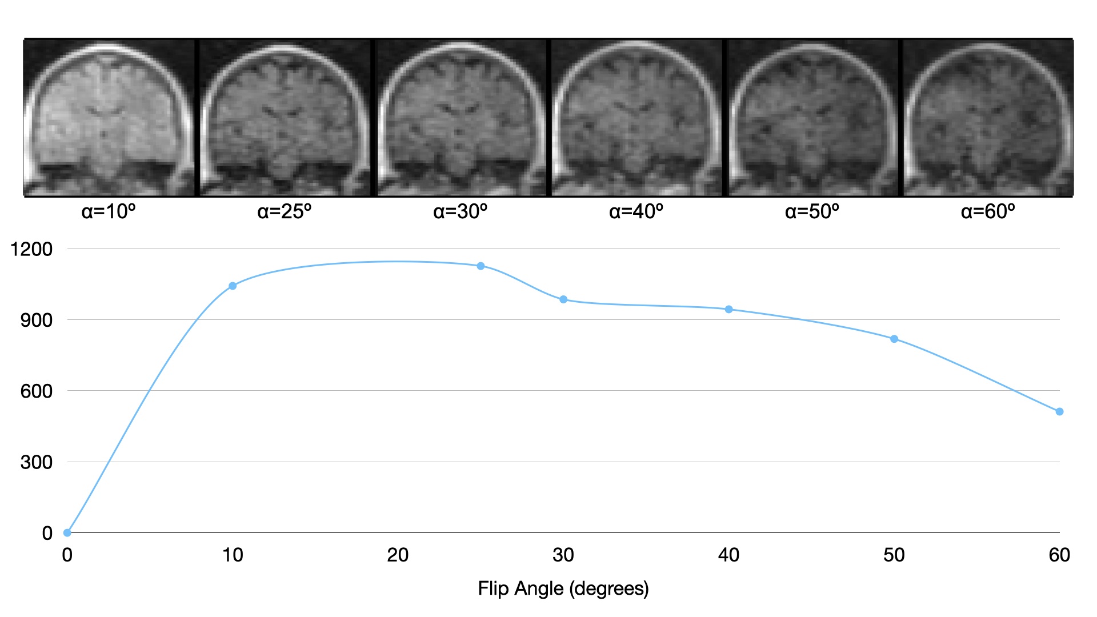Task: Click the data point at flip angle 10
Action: (233, 286)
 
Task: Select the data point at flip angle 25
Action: (481, 266)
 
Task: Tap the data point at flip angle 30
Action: (563, 299)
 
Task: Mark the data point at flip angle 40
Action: (728, 309)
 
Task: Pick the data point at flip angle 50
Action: (894, 339)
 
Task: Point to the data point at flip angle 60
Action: (1059, 411)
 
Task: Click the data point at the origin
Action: (67, 532)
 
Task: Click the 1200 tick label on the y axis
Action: (31, 249)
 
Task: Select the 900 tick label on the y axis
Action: (37, 320)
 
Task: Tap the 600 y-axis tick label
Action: (37, 391)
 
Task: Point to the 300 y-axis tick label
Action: (37, 462)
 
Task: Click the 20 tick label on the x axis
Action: (398, 555)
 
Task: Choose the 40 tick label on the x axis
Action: (728, 555)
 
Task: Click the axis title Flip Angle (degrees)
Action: (563, 588)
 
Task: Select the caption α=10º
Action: (109, 211)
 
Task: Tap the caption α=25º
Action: (285, 211)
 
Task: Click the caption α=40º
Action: (636, 211)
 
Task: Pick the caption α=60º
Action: (988, 211)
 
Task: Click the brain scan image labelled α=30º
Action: (461, 118)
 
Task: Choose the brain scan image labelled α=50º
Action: (812, 118)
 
